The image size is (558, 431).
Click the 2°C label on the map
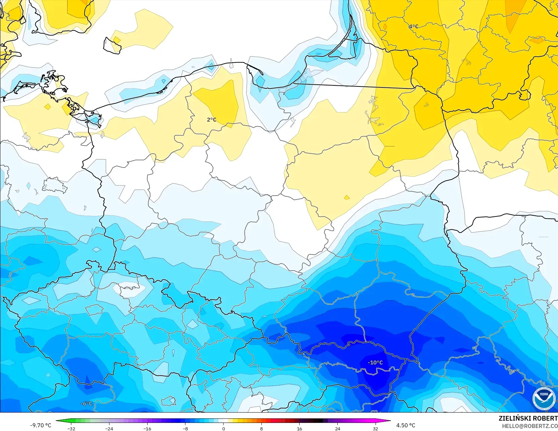coord(212,120)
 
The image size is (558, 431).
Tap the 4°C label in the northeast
coord(413,26)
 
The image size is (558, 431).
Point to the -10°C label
coord(375,363)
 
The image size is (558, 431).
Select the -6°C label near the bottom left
coord(86,404)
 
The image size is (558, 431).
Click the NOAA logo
coord(544,399)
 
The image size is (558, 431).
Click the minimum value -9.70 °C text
coord(41,425)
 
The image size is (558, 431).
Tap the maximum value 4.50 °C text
coord(406,425)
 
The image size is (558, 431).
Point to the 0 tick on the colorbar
coord(223,428)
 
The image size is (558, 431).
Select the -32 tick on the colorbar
coord(71,428)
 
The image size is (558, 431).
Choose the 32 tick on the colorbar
coord(376,428)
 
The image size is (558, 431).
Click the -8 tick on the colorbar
coord(185,428)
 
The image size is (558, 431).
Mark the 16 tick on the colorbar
coord(299,428)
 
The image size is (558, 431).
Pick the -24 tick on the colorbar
coord(109,428)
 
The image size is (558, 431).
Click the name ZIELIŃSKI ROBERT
coord(528,418)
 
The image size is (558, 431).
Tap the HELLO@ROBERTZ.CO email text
coord(530,426)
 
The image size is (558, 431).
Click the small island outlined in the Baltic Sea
coord(112,45)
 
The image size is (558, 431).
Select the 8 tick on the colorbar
coord(261,428)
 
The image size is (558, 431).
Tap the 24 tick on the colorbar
coord(337,428)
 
